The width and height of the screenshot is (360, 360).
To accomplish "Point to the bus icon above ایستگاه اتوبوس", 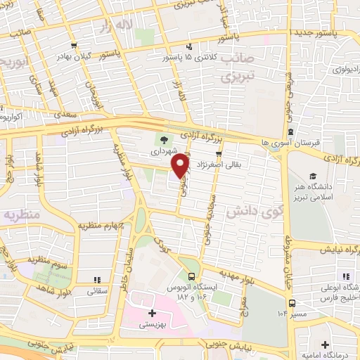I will tap(192, 276).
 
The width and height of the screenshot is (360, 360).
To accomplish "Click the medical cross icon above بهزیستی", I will tap(153, 312).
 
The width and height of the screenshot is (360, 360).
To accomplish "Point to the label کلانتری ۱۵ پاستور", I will tap(188, 57).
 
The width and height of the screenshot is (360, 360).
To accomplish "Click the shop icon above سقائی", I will tap(97, 278).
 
